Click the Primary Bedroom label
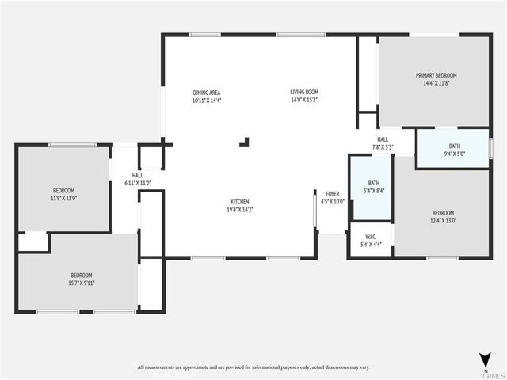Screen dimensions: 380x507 tap(436, 75)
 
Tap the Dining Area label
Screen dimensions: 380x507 tap(206, 93)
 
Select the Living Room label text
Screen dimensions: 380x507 tap(303, 93)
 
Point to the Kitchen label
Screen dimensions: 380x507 tap(240, 202)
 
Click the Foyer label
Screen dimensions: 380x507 tap(332, 193)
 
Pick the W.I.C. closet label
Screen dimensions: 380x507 tap(370, 237)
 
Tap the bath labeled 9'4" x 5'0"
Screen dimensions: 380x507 tap(454, 146)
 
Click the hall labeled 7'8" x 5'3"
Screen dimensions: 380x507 tap(382, 139)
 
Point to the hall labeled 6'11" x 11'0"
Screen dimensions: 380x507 tap(137, 176)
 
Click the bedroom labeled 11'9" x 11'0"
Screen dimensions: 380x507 tap(63, 190)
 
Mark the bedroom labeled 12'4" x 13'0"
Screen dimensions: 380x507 tap(443, 212)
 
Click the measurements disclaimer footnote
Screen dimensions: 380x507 tap(253, 367)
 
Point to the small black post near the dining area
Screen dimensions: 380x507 tap(245, 142)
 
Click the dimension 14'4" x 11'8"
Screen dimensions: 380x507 tap(436, 83)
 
